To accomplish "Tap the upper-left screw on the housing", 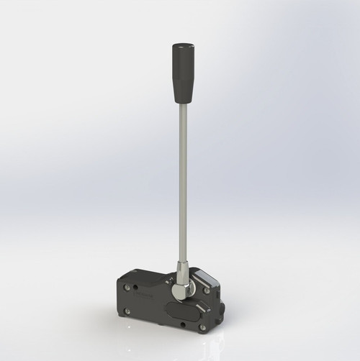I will pyautogui.click(x=128, y=287).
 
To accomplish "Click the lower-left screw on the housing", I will pyautogui.click(x=128, y=311).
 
